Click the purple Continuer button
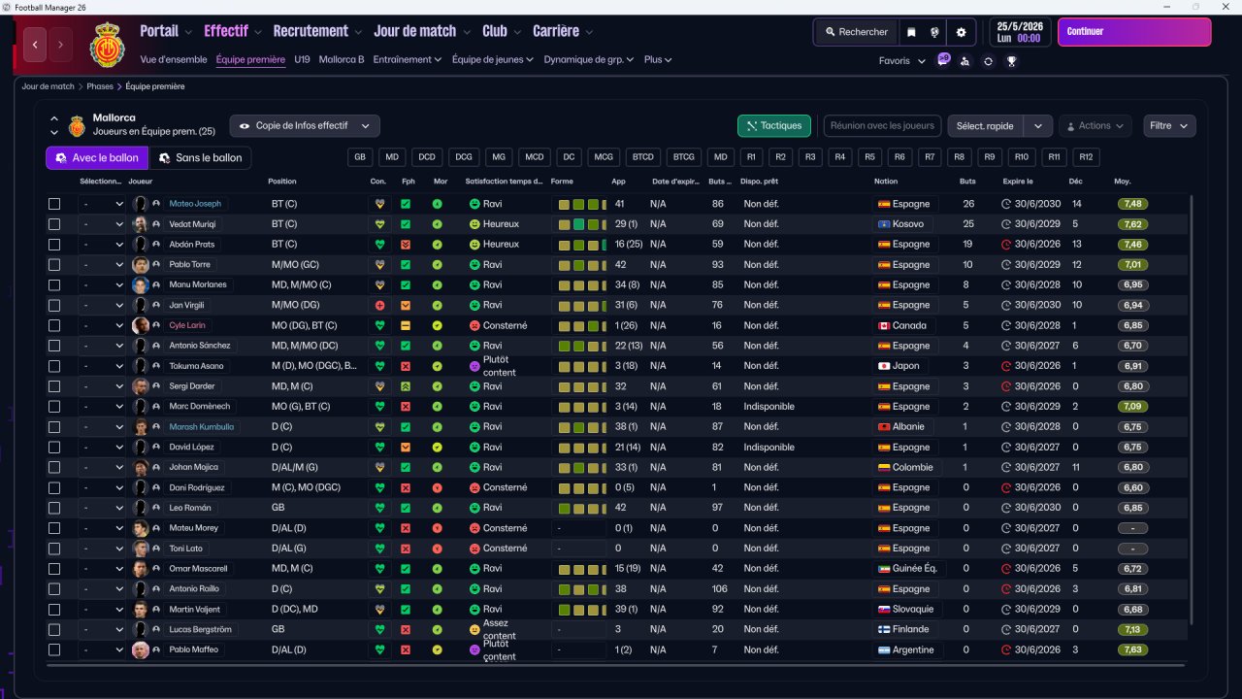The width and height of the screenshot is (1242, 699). [x=1133, y=32]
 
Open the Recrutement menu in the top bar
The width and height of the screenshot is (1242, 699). [x=310, y=31]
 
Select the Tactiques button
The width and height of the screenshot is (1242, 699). [x=774, y=125]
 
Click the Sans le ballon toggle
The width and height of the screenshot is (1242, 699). [x=201, y=157]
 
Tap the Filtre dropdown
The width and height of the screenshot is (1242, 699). [x=1169, y=125]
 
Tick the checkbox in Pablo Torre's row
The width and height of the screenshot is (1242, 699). [x=54, y=264]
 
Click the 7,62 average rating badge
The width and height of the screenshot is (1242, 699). [x=1132, y=224]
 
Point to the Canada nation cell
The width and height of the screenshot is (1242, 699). [x=902, y=325]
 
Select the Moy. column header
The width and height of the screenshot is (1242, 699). [x=1123, y=182]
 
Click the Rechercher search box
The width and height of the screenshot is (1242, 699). [x=856, y=32]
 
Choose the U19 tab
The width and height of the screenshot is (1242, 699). [x=302, y=59]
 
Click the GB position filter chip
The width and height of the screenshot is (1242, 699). [x=360, y=156]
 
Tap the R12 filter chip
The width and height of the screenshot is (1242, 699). [x=1085, y=156]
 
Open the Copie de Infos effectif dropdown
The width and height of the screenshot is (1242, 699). [x=305, y=125]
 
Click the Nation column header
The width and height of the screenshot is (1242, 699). [x=886, y=182]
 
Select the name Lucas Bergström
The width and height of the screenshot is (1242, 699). [x=200, y=629]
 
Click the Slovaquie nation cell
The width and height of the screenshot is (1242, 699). [x=907, y=609]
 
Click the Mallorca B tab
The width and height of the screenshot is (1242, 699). [x=342, y=59]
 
